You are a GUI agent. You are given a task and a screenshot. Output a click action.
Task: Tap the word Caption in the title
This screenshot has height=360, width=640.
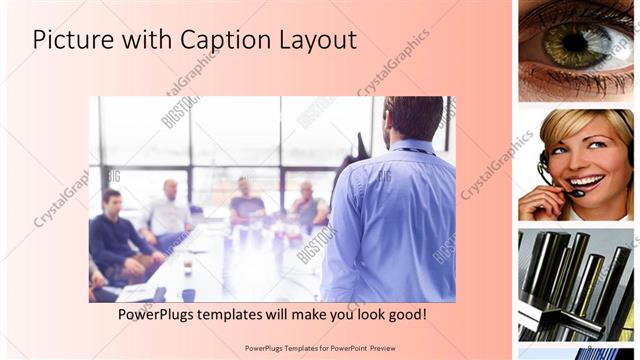[216, 40]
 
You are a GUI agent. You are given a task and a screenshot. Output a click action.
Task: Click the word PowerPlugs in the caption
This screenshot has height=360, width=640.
[154, 314]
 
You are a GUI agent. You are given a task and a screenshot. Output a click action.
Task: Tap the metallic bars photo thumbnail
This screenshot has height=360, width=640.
[575, 285]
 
